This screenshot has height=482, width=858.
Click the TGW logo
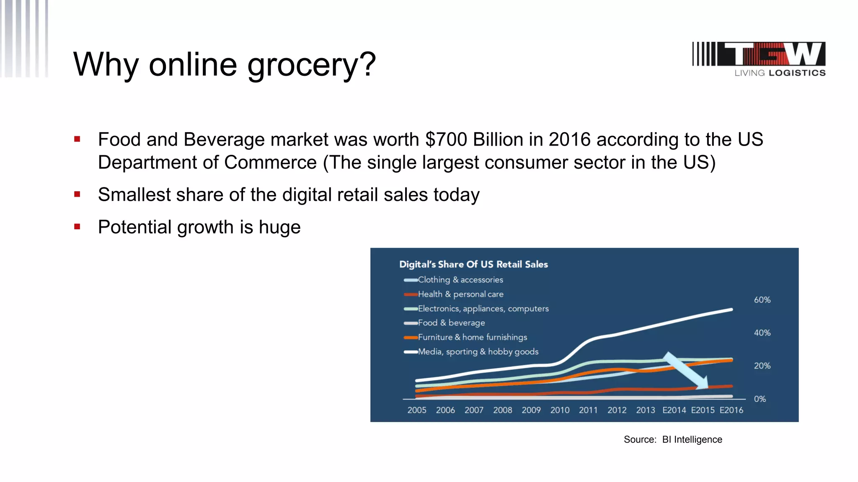click(759, 59)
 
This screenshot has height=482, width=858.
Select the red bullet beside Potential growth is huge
click(77, 227)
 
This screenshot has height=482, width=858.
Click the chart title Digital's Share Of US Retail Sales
click(473, 264)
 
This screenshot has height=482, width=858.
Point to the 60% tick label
click(762, 300)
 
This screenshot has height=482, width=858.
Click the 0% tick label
click(760, 399)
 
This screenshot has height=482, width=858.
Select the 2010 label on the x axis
click(560, 410)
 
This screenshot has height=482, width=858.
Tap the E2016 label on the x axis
click(731, 410)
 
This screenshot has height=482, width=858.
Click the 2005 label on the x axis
click(417, 410)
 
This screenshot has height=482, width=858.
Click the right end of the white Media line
click(731, 310)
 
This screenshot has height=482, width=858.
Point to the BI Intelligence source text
click(692, 439)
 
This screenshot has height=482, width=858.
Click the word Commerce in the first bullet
click(270, 163)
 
